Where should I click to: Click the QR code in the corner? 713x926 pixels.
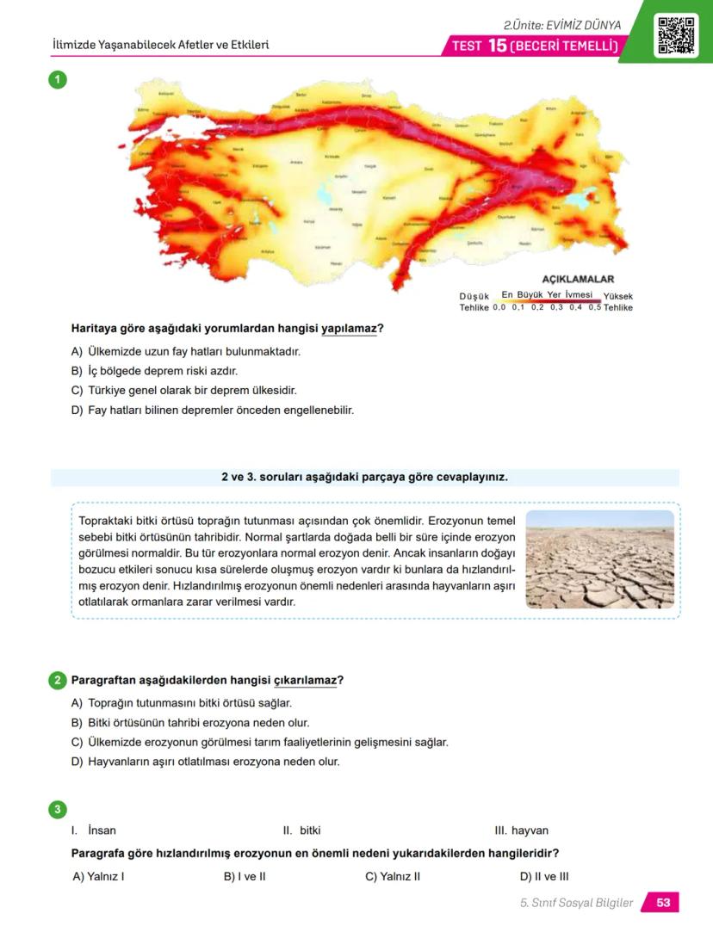coord(676,34)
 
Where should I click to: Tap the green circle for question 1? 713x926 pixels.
coord(57,80)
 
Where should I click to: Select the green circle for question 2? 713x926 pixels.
coord(57,681)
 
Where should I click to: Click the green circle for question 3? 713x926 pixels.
coord(57,809)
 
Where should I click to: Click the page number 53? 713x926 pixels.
coord(663,903)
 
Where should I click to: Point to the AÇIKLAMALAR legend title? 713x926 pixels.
coord(578,280)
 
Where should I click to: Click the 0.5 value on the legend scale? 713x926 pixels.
coord(595,307)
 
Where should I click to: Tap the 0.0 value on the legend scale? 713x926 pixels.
coord(499,307)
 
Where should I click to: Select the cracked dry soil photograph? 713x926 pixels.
coord(599,559)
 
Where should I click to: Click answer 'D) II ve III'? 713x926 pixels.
coord(544,877)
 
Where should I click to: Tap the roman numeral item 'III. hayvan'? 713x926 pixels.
coord(521,830)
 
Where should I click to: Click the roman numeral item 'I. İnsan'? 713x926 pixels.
coord(94,830)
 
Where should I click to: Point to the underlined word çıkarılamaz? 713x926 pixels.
coord(305,681)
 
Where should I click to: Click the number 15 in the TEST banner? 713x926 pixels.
coord(497,46)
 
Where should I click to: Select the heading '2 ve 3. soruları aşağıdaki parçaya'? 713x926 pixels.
coord(364,477)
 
